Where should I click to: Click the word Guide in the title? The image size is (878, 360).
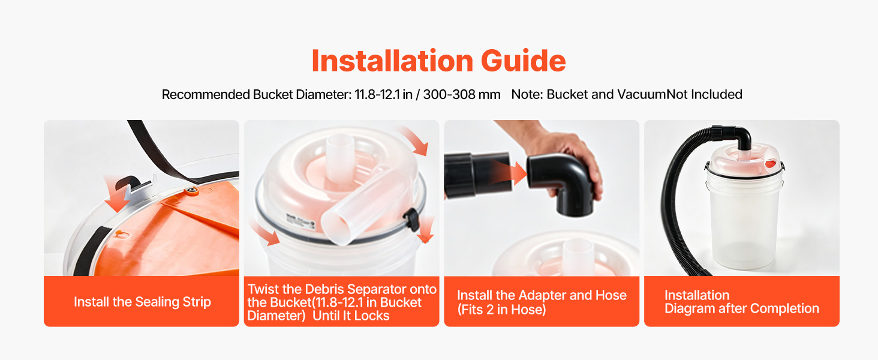523,61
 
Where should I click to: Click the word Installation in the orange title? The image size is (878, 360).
392,61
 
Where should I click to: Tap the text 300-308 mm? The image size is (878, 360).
462,95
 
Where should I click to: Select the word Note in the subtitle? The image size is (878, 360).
527,95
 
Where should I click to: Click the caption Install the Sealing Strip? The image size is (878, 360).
142,302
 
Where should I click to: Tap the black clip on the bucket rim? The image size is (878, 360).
411,219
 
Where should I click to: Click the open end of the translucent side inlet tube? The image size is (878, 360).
336,228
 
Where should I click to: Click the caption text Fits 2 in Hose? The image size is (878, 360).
502,310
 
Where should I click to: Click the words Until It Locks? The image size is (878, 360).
351,316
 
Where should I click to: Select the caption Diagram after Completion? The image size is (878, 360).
742,308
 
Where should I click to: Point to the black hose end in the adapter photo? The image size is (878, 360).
477,175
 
